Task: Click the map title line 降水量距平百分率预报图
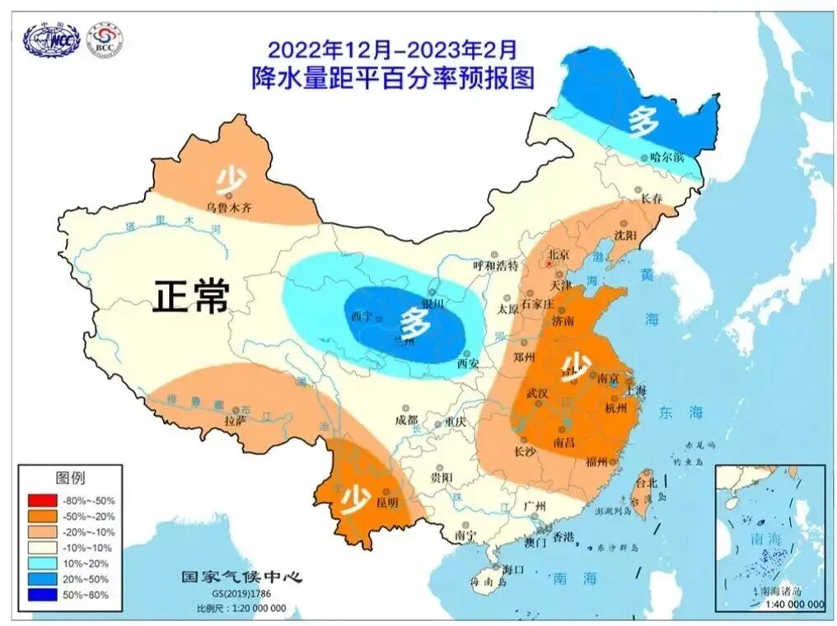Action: (x=393, y=78)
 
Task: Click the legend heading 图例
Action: (x=70, y=478)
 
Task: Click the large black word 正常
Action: (x=190, y=297)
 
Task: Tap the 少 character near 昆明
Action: (x=356, y=498)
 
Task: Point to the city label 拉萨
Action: (x=236, y=420)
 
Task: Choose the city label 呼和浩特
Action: (x=494, y=265)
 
